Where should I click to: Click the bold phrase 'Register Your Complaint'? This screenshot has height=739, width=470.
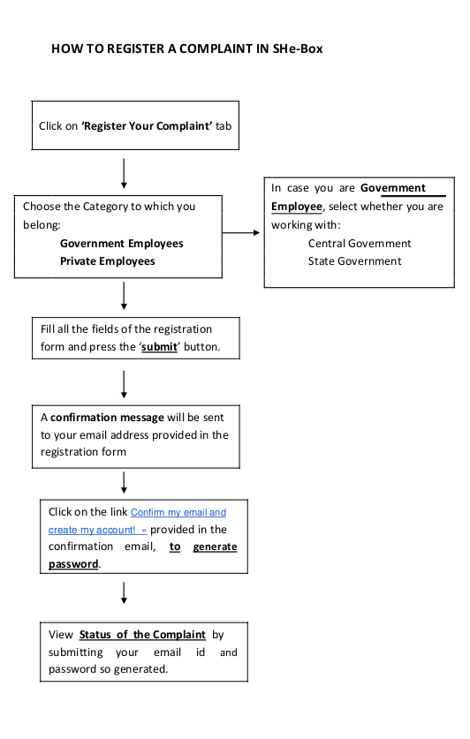point(147,126)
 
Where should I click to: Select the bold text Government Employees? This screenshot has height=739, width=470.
point(122,244)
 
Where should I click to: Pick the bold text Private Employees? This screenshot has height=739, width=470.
point(108,261)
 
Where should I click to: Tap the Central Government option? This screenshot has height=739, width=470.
point(360,244)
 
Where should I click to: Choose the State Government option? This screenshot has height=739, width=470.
point(354,261)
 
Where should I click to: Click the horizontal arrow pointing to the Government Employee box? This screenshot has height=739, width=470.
point(241,232)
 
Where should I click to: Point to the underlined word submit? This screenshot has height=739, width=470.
point(159,347)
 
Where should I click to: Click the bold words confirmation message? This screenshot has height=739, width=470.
point(107,418)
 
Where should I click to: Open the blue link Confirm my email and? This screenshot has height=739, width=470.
point(178,512)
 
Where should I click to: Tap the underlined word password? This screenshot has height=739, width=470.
point(73,564)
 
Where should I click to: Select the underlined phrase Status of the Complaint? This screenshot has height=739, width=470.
point(142,635)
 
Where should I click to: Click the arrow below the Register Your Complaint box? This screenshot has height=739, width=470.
point(124,173)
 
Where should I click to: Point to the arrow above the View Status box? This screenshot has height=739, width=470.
point(124,593)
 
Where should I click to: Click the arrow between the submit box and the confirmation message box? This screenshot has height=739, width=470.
point(124,385)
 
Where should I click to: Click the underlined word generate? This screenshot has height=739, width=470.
point(215,547)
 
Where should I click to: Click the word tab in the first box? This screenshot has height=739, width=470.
point(224,126)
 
